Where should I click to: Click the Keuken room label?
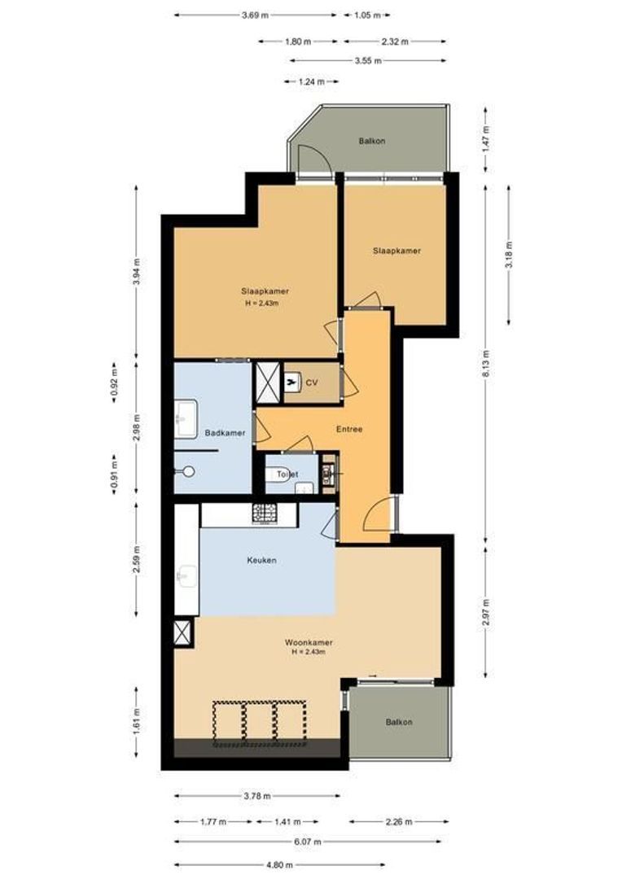262,561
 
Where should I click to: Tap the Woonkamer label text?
308,642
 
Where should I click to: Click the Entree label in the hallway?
349,429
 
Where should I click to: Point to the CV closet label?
310,383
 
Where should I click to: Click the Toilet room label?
287,473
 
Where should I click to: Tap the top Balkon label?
371,141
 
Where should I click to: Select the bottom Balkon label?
399,722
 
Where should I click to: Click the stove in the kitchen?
265,514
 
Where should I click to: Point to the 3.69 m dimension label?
256,15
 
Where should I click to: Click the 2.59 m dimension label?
136,559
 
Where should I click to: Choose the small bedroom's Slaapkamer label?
396,251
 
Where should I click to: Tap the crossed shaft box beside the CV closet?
267,383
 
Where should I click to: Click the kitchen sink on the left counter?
186,577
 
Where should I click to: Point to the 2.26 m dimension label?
399,821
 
